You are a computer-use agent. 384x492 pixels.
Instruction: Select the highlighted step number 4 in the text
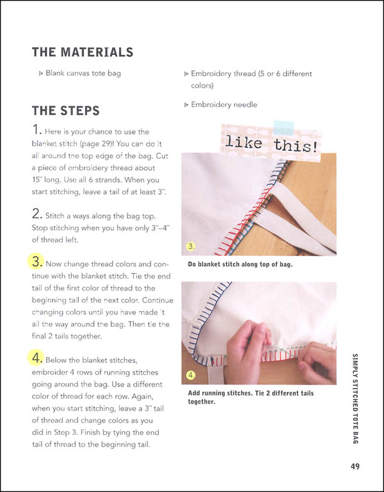[x=38, y=356]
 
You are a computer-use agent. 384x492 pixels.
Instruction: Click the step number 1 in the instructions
[x=37, y=131]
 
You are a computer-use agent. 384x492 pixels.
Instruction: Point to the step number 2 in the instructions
[x=37, y=214]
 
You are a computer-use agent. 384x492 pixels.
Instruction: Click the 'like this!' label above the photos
[x=269, y=141]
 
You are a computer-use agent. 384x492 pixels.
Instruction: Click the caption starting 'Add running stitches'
[x=250, y=397]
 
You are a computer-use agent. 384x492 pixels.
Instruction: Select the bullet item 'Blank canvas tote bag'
[x=83, y=73]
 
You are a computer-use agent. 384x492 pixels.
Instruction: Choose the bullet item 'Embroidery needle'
[x=223, y=104]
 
